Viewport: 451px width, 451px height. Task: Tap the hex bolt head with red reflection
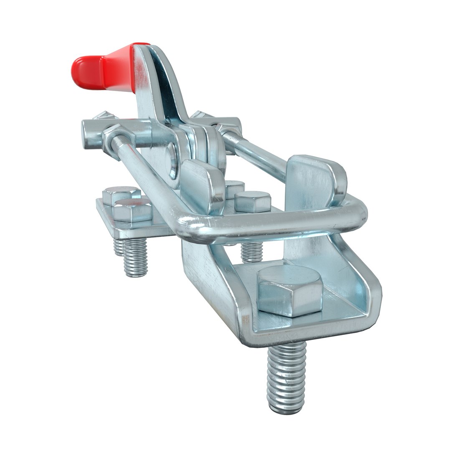tap(132, 209)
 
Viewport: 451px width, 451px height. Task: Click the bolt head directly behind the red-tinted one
tap(121, 194)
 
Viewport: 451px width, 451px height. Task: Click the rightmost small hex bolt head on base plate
tap(252, 201)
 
